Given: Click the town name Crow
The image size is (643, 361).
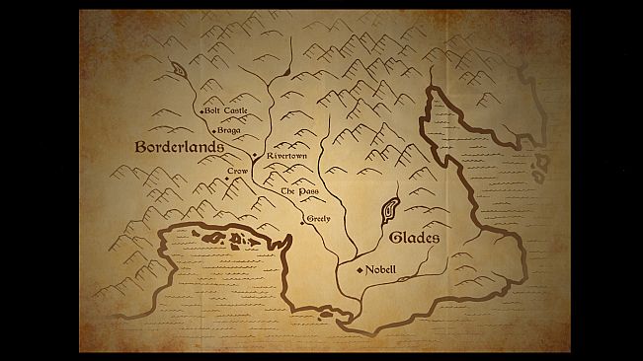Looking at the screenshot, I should click(x=236, y=172).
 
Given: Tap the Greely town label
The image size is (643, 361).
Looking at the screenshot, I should click(x=318, y=217).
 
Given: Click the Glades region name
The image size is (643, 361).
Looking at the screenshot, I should click(x=414, y=239).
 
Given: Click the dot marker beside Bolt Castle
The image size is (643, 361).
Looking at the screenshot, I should click(x=201, y=111).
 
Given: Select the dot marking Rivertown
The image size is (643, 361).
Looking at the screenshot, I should click(x=256, y=156).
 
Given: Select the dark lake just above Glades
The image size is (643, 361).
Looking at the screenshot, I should click(x=389, y=209).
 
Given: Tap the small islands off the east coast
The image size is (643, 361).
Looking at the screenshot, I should click(x=539, y=167).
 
